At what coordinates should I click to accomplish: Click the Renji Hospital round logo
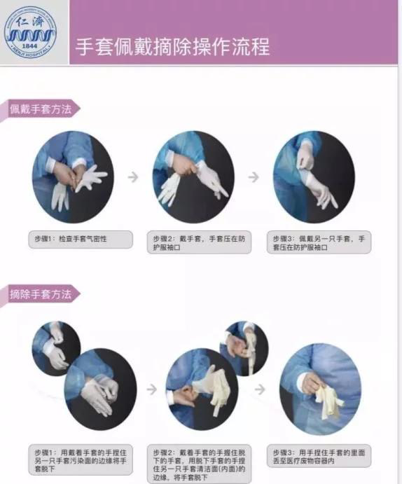pos(30,32)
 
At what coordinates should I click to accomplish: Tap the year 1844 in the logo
pos(30,46)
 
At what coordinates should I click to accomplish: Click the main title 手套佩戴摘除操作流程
pos(173,47)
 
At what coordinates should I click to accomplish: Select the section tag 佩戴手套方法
pos(40,109)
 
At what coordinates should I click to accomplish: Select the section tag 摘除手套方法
pos(40,294)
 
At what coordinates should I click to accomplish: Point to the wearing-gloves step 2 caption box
pos(199,242)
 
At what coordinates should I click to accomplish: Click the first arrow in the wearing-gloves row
pos(133,177)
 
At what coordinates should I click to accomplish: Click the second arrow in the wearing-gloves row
pos(254,177)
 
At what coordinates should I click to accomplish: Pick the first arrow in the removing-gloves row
pos(152,389)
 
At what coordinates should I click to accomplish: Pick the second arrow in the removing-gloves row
pos(260,389)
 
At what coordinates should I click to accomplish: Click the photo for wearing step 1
pos(73,177)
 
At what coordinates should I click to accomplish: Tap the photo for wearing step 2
pos(193,177)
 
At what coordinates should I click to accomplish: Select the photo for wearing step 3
pos(314,177)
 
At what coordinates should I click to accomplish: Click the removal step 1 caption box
pos(81,460)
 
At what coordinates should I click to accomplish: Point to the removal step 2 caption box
pos(199,464)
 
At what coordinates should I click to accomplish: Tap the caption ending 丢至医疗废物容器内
pos(319,456)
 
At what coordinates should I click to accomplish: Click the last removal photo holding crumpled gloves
pos(320,389)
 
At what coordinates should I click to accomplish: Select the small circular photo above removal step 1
pos(56,348)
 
